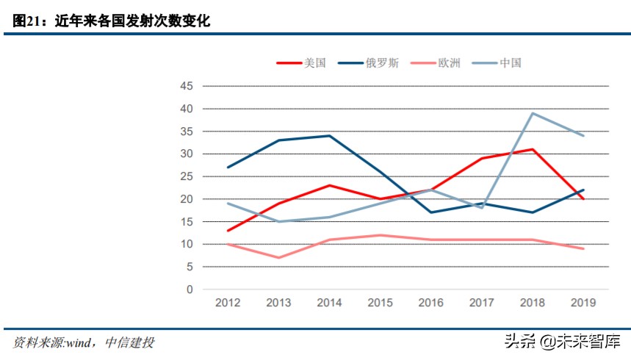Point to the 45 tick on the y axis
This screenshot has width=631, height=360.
[187, 86]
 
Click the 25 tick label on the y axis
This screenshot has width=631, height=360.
[187, 176]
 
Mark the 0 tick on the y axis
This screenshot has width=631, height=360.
[190, 289]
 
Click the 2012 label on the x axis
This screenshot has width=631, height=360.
[228, 302]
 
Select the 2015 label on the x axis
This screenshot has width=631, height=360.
[380, 302]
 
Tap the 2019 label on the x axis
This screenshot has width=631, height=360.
[583, 302]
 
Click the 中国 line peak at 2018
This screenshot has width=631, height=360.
[532, 113]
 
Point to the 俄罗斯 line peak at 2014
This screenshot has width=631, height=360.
[329, 136]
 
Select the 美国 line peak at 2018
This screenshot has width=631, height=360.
[532, 149]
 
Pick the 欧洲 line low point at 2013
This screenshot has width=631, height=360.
[278, 258]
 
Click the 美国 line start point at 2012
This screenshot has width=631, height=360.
[228, 231]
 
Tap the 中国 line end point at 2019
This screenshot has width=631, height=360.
[583, 136]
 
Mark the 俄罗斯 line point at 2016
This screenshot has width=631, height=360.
[430, 212]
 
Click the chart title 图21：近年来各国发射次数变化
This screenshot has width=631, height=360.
[112, 21]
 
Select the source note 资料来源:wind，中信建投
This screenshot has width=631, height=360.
[84, 342]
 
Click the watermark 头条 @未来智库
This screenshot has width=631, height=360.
[561, 341]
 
